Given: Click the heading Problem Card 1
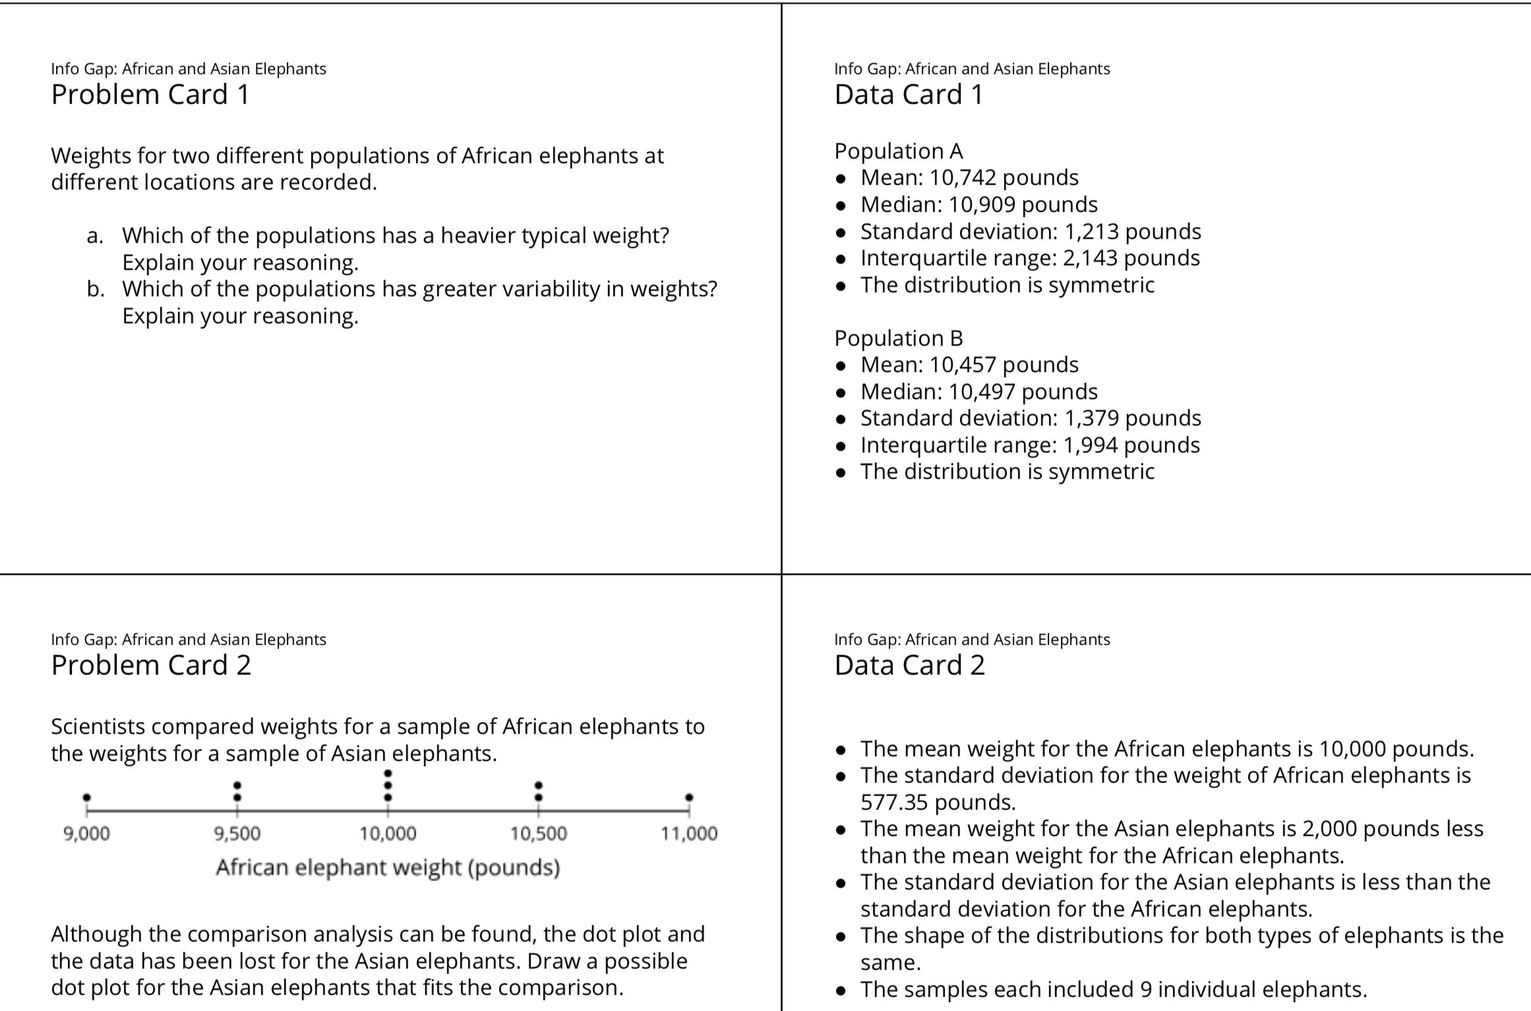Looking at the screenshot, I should pos(150,95).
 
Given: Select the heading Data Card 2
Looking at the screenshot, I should pos(909,666).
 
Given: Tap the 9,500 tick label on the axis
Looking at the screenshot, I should pos(237,834).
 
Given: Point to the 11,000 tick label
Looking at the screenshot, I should pos(689,834).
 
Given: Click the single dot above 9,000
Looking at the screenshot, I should pos(86,797).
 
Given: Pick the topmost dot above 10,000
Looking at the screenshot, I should pos(388,773).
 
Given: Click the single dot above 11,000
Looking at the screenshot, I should pos(689,797).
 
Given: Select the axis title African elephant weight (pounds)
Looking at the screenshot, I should pos(388,867).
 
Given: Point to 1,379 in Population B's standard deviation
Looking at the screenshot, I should pos(1091,419).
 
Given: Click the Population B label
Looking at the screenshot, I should pos(899,338).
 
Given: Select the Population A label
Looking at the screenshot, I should pos(899,152).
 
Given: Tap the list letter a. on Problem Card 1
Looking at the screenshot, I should pos(95,236).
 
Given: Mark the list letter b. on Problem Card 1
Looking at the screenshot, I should pos(96,289).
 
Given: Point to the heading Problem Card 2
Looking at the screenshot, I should pos(151,666).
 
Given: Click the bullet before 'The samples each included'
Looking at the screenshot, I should pos(841,990).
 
